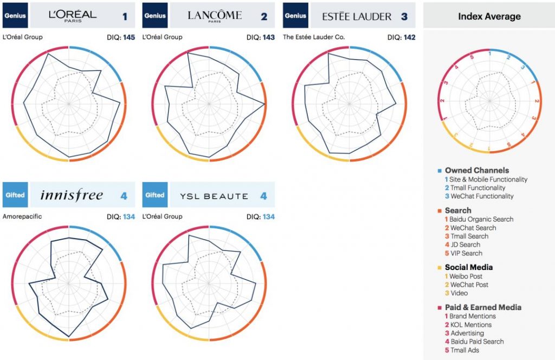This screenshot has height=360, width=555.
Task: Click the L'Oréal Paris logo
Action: (72, 15)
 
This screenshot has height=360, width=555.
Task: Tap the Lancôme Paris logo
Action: (215, 15)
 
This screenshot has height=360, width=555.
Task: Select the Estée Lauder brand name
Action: (357, 16)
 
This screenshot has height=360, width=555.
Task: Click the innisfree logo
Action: (71, 195)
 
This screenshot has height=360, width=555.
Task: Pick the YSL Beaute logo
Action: (214, 196)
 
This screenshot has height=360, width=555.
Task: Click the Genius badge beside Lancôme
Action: (154, 16)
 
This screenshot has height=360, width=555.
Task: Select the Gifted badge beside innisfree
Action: (15, 195)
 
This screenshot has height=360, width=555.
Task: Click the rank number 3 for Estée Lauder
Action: (404, 16)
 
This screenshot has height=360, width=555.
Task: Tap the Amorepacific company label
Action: (22, 217)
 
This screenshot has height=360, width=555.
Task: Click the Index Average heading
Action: (489, 16)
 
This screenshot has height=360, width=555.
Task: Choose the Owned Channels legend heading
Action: (476, 170)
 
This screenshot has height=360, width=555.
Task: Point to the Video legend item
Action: (459, 293)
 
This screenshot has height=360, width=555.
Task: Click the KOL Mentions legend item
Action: (471, 325)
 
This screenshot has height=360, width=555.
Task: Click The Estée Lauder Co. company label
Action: (314, 37)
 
